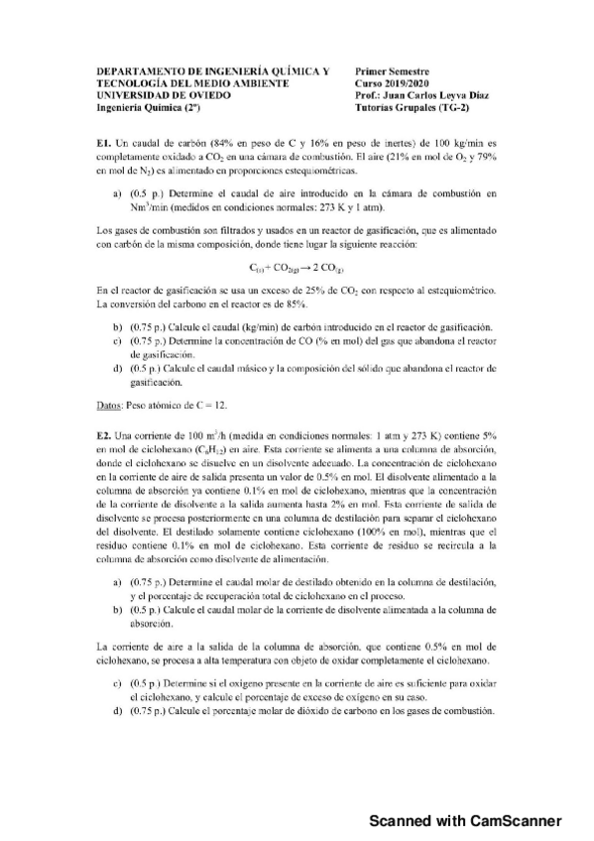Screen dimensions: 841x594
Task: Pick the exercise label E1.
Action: pos(103,144)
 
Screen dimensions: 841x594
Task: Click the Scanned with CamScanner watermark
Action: pos(465,820)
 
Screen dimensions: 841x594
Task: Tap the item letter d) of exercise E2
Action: pos(119,712)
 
